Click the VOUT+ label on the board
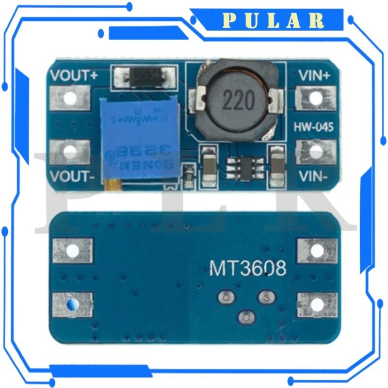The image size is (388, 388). (74, 76)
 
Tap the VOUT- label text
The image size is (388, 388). (73, 177)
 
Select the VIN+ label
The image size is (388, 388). (314, 76)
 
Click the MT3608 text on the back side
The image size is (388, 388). (247, 268)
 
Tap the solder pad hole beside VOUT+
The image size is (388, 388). (71, 98)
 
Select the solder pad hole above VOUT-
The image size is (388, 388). (71, 152)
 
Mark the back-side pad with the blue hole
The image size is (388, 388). (71, 305)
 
